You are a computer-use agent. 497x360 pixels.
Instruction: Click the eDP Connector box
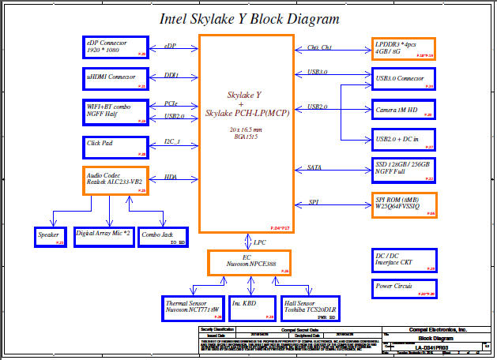tap(115, 47)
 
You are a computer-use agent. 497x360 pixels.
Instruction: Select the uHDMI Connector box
tap(115, 78)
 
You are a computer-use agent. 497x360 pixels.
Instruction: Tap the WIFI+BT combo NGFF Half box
tap(115, 111)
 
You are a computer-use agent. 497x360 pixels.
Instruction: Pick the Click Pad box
tap(115, 146)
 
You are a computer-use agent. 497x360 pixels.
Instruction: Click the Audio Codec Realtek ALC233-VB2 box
tap(115, 181)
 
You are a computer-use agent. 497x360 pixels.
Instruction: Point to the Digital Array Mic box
tap(104, 236)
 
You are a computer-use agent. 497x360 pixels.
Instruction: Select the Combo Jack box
tap(163, 236)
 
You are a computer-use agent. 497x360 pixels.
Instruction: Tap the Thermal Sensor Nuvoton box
tap(192, 306)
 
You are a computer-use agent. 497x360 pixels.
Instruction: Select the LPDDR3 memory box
tap(403, 49)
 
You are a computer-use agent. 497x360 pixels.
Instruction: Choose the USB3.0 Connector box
tap(403, 80)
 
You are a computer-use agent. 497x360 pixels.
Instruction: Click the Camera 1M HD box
tap(403, 111)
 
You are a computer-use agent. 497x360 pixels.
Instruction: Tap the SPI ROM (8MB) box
tap(403, 204)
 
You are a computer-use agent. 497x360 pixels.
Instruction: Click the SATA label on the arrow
tap(314, 167)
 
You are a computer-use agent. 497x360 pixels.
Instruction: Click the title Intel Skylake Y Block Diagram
tap(250, 19)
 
